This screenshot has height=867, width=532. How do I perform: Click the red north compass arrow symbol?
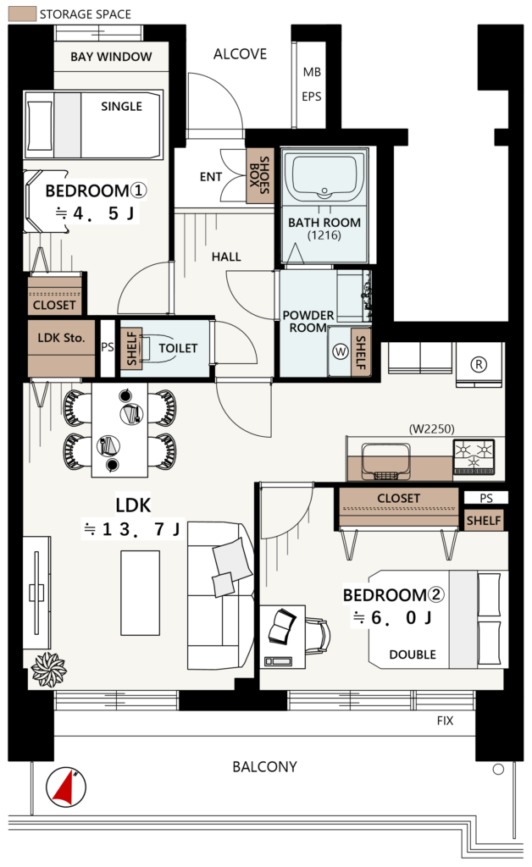pyautogui.click(x=66, y=787)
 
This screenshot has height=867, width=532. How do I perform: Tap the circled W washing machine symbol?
pyautogui.click(x=341, y=351)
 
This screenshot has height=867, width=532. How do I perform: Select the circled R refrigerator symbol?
pyautogui.click(x=479, y=364)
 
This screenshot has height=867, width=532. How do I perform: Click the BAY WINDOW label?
pyautogui.click(x=111, y=57)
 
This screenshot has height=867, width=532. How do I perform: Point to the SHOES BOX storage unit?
pyautogui.click(x=259, y=175)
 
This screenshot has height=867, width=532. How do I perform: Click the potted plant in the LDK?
pyautogui.click(x=48, y=670)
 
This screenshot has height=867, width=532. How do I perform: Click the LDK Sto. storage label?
pyautogui.click(x=61, y=337)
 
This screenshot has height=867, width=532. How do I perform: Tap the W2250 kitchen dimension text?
pyautogui.click(x=431, y=428)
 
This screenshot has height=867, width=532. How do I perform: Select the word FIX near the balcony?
pyautogui.click(x=445, y=721)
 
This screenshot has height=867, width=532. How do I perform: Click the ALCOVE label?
pyautogui.click(x=240, y=53)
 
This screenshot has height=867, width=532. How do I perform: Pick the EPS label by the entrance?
pyautogui.click(x=312, y=97)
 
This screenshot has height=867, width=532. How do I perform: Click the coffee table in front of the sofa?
pyautogui.click(x=141, y=593)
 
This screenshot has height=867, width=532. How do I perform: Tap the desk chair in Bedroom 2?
pyautogui.click(x=318, y=637)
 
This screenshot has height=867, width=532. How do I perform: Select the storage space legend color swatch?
pyautogui.click(x=23, y=14)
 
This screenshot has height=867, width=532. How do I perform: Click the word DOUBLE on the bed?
pyautogui.click(x=413, y=654)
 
